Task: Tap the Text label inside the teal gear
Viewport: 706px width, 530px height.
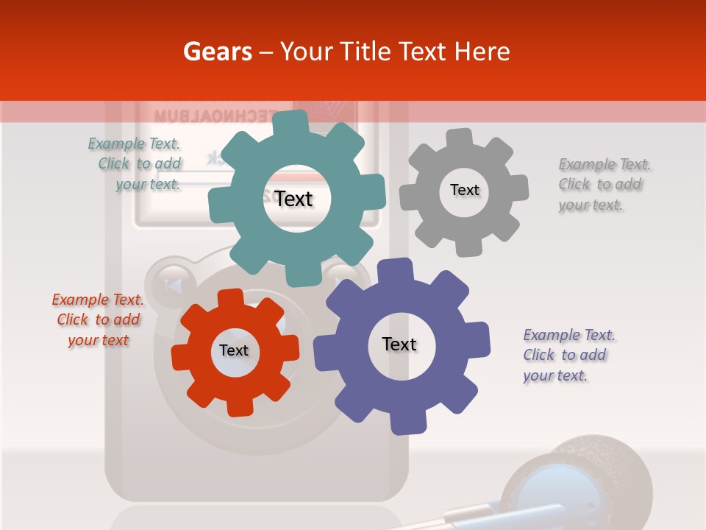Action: point(294,199)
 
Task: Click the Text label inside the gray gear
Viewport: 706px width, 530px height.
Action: point(465,190)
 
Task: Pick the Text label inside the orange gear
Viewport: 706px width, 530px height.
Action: point(234,350)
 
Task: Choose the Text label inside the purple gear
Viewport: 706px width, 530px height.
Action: point(399,344)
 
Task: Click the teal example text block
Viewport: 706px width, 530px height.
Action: point(135,164)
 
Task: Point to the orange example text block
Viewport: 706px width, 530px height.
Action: point(98,320)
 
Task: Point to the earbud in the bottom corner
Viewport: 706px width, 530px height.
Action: point(581,478)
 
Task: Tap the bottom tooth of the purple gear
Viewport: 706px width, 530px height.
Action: point(407,423)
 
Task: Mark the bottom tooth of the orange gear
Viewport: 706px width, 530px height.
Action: point(240,406)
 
